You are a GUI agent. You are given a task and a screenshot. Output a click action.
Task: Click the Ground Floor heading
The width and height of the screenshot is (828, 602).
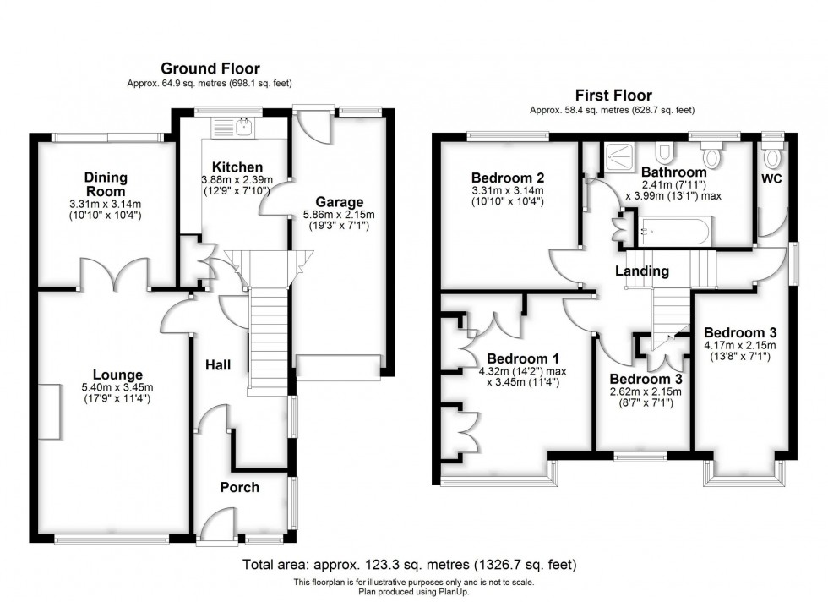(210, 68)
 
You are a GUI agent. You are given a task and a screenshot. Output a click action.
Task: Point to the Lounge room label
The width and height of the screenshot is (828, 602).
(117, 375)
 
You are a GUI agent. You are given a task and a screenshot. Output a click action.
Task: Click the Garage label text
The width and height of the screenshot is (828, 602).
(339, 202)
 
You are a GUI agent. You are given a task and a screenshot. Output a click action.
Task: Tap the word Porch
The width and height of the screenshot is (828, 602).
(240, 487)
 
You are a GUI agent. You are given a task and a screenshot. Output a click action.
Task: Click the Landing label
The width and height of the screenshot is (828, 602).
(641, 271)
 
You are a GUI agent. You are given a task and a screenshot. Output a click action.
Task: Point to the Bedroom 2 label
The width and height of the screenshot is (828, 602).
(507, 178)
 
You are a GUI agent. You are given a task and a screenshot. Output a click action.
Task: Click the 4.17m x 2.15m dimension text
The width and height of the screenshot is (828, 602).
(739, 345)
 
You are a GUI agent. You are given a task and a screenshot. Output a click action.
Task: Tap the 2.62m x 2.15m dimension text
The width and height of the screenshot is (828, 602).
(646, 391)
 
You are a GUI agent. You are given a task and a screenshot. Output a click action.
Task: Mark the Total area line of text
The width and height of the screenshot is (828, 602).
(414, 564)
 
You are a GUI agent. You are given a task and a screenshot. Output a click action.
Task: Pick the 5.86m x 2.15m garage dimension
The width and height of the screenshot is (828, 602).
(339, 216)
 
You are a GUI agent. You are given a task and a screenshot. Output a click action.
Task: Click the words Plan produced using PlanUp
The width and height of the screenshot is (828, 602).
(413, 591)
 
